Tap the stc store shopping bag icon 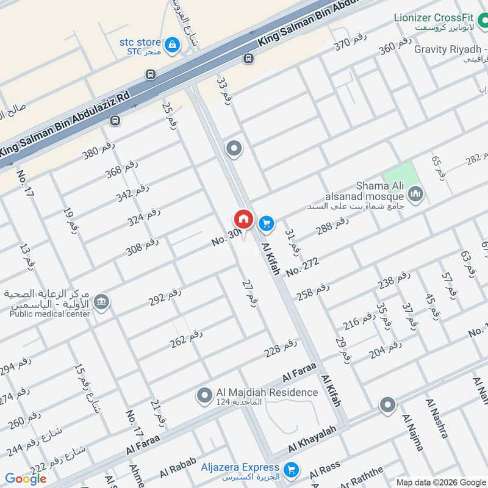tap(172, 44)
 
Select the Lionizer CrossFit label tap(439, 18)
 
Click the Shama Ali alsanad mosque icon tap(417, 195)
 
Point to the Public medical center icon tap(101, 301)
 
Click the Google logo tap(26, 479)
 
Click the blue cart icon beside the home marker tap(266, 224)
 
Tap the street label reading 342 tap(132, 193)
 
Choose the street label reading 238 tap(394, 281)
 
